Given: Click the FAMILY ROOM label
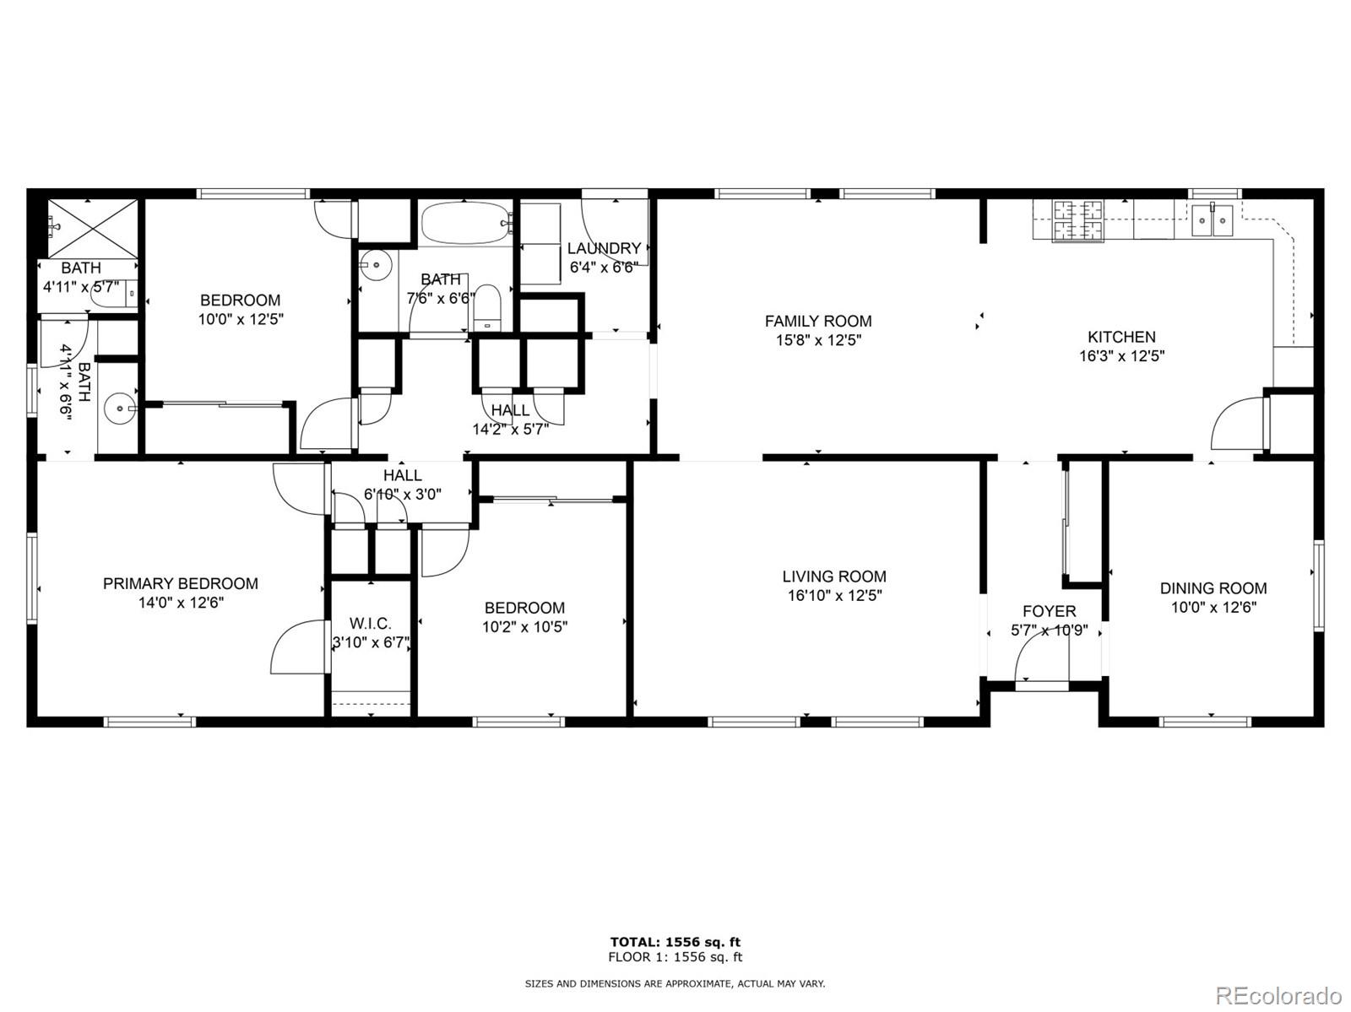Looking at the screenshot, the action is click(818, 321).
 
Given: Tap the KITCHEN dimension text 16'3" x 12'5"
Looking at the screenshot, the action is click(1121, 356).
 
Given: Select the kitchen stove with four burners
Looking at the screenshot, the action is click(1078, 219).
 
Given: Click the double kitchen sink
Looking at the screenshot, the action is click(1213, 219).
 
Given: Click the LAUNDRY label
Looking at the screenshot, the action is click(604, 248).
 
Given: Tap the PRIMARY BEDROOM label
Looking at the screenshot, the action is click(181, 583).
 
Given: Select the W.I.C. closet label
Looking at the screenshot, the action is click(371, 624).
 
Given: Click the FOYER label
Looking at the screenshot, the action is click(1050, 612).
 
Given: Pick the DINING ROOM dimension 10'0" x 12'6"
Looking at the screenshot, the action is click(1213, 608).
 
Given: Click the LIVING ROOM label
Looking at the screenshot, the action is click(834, 576).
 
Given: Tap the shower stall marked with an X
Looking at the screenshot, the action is click(93, 228).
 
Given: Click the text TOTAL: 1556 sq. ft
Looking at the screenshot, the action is click(675, 942).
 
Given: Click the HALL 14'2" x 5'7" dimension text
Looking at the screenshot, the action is click(510, 430).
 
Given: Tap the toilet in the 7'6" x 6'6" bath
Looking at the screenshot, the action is click(487, 307).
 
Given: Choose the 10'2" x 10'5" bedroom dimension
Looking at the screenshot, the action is click(524, 627).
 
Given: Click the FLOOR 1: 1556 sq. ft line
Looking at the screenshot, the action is click(675, 957).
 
